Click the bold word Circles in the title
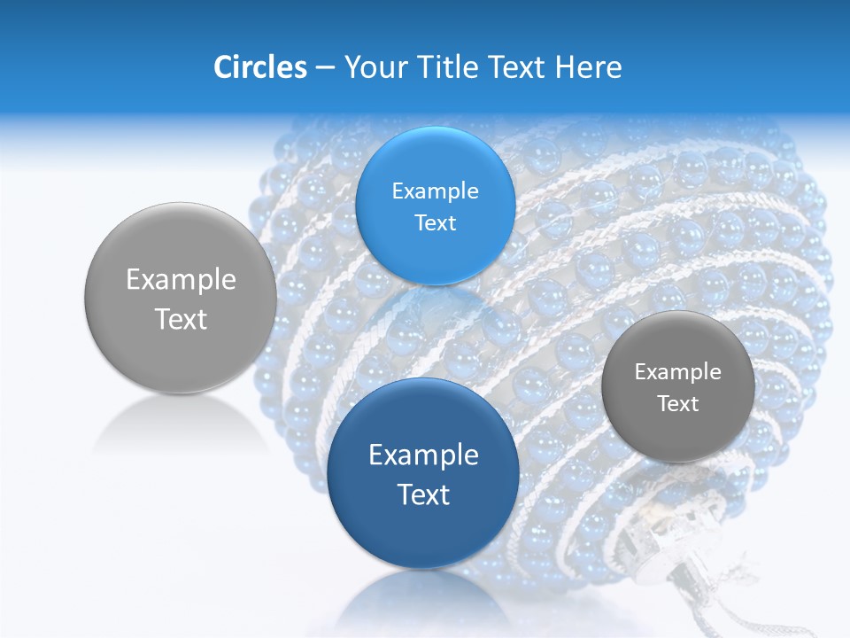(x=259, y=67)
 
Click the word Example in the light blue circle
(x=435, y=191)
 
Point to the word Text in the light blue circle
(x=435, y=222)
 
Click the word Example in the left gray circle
(x=181, y=279)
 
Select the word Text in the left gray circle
(x=181, y=319)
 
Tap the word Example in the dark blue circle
(x=423, y=455)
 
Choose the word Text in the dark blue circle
(x=423, y=494)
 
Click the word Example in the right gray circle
(x=677, y=371)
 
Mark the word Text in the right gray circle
(x=677, y=403)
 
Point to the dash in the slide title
(x=324, y=68)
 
